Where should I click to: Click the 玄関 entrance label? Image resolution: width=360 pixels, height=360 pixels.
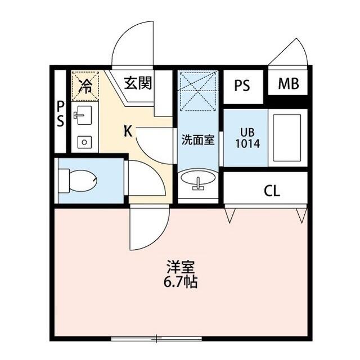(x=137, y=84)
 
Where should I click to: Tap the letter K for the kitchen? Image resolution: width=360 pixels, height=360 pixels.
(x=128, y=131)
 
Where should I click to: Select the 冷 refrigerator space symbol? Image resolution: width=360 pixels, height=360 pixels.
(x=85, y=85)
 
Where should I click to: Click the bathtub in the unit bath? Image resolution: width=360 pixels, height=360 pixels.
(x=287, y=138)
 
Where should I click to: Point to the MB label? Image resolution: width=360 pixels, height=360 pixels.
(x=289, y=84)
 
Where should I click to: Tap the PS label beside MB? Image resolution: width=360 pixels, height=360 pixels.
(x=242, y=85)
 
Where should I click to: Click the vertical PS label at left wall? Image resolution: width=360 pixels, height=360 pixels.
(x=60, y=114)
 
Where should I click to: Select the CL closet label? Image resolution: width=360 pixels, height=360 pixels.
(x=272, y=191)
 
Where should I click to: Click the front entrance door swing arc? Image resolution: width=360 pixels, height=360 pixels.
(x=133, y=45)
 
